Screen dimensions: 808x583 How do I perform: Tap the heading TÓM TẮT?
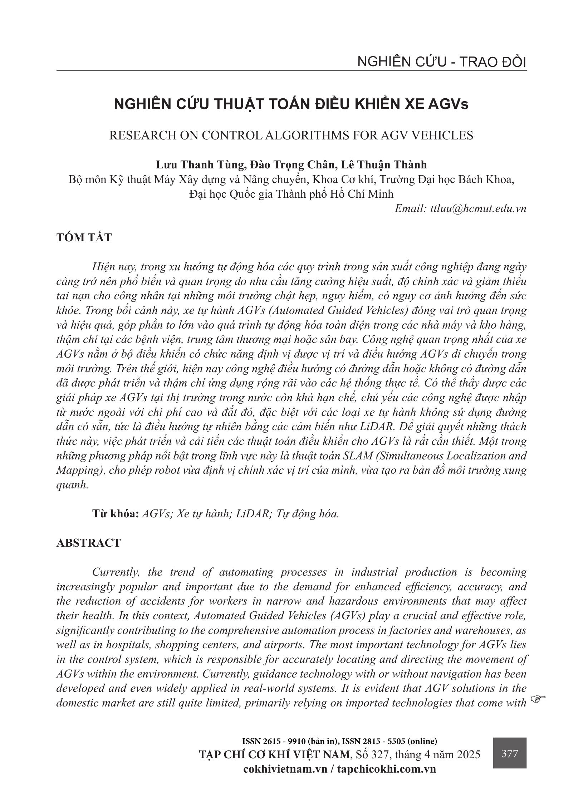(x=84, y=238)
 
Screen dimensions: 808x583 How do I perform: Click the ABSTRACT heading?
(x=89, y=543)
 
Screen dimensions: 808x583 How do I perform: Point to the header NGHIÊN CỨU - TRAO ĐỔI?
(x=441, y=62)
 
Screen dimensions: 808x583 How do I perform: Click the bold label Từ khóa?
(x=116, y=514)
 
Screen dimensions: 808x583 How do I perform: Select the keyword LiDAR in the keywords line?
(x=252, y=514)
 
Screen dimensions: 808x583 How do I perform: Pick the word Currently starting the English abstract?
(x=115, y=572)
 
